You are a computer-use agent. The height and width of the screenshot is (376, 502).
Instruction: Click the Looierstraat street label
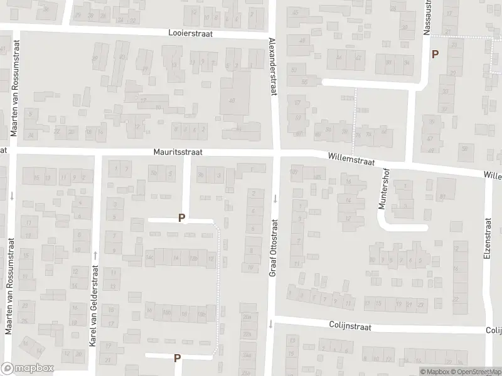click(x=192, y=34)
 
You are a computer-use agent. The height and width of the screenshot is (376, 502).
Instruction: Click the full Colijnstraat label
click(x=350, y=326)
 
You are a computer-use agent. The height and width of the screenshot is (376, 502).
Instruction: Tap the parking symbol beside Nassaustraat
click(x=435, y=55)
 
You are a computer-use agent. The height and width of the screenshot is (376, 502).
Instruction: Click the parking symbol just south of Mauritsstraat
click(x=182, y=218)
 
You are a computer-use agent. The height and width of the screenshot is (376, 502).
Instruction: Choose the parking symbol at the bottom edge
click(x=178, y=358)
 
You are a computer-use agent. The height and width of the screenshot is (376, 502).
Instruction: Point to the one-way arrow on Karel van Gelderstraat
click(x=95, y=255)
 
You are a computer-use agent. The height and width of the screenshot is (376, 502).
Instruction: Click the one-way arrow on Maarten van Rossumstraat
click(x=11, y=196)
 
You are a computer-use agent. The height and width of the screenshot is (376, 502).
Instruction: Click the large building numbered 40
click(x=233, y=97)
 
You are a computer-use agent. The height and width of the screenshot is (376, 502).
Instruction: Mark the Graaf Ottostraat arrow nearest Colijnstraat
click(x=270, y=324)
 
